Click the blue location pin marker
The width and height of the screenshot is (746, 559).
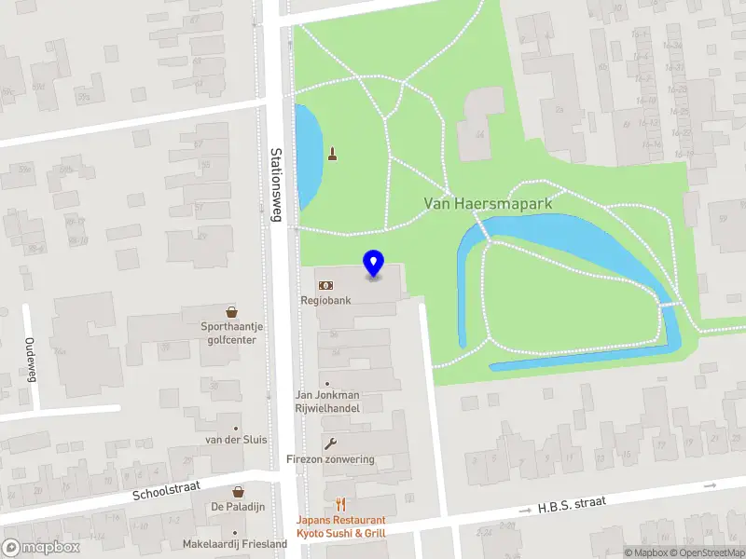374,264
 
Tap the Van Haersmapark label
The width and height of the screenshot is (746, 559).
489,202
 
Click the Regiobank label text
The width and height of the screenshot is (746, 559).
325,301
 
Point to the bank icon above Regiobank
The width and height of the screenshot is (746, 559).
325,285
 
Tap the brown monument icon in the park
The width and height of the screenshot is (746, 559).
332,154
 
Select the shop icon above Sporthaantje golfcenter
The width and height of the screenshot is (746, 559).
231,312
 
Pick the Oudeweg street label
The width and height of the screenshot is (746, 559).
30,360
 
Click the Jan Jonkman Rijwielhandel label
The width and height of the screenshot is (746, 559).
327,401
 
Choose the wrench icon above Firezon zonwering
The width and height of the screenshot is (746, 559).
328,443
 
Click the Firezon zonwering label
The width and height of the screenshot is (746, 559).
330,459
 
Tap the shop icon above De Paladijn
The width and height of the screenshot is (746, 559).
238,491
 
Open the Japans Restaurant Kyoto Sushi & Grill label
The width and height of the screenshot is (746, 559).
340,527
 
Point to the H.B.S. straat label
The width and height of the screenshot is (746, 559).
572,505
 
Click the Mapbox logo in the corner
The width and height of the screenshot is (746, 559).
42,548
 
